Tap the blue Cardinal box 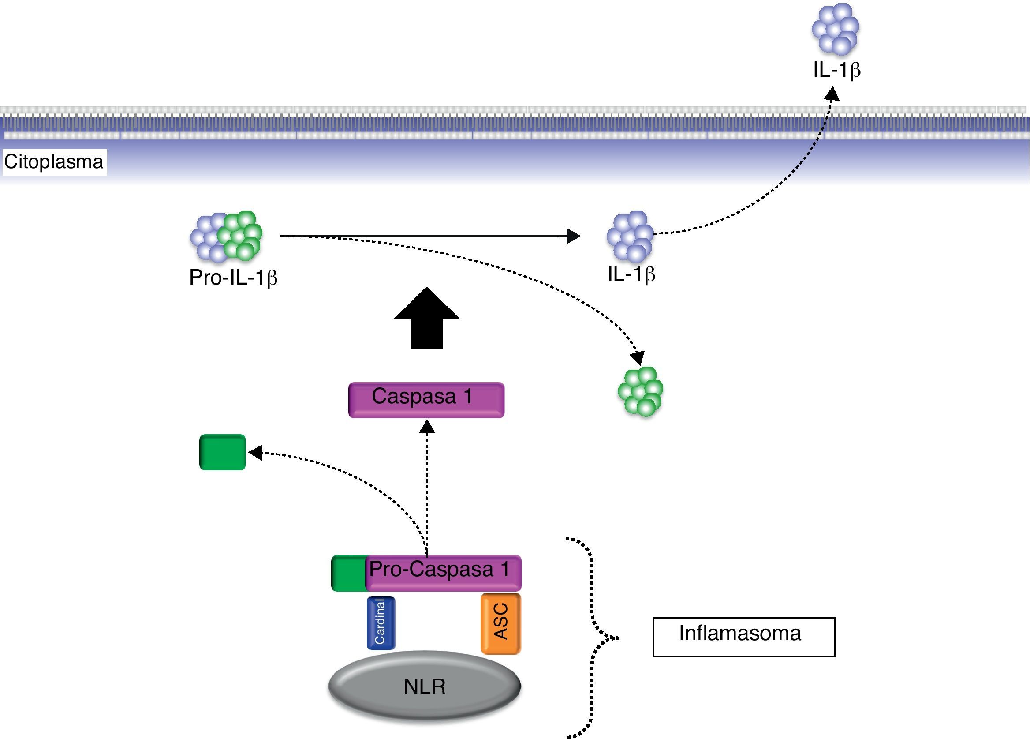pyautogui.click(x=381, y=623)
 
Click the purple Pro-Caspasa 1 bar pyautogui.click(x=443, y=572)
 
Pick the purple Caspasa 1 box pyautogui.click(x=426, y=399)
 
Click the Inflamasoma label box pyautogui.click(x=743, y=637)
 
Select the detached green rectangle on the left pyautogui.click(x=223, y=452)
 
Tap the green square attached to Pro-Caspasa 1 pyautogui.click(x=349, y=573)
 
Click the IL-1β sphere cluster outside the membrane pyautogui.click(x=835, y=29)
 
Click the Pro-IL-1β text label pyautogui.click(x=233, y=278)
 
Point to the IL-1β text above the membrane pyautogui.click(x=836, y=70)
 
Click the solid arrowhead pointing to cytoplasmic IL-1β pyautogui.click(x=574, y=236)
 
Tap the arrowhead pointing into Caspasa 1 pyautogui.click(x=427, y=426)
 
